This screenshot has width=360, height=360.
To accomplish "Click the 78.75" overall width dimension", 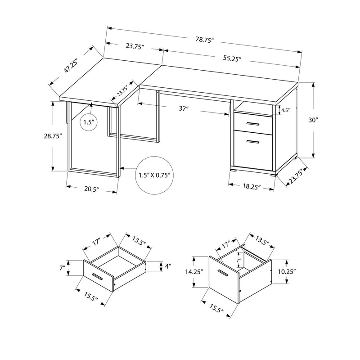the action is coord(205,40).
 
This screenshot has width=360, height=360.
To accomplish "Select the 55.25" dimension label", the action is coord(232,58).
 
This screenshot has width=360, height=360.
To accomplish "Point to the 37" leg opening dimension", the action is coord(184,108).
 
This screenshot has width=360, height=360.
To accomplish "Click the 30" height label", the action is coord(313,120).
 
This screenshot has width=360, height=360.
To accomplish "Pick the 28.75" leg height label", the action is coord(53,136).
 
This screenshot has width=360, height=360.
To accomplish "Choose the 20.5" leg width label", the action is coord(92,189).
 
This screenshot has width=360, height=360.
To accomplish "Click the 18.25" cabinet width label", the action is coord(252,186).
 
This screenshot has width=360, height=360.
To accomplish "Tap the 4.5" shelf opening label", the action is coord(285,110).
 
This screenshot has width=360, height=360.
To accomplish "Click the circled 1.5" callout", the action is coord(89,122).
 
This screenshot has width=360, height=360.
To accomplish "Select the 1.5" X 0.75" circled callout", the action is coord(154,175).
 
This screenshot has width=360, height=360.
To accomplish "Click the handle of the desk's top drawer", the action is coord(253,125).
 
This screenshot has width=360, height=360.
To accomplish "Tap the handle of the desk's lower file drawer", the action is coord(252,142).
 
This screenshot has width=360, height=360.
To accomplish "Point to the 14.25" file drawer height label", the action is coord(194,272).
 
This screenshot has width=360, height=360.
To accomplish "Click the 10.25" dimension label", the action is coord(287,272).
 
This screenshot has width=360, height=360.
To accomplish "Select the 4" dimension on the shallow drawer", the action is coord(168,266).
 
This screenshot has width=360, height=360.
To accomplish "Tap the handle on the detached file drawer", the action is coord(222,273).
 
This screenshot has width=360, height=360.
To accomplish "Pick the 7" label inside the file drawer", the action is coord(239,261).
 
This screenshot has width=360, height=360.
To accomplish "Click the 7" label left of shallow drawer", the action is coord(63,268).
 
